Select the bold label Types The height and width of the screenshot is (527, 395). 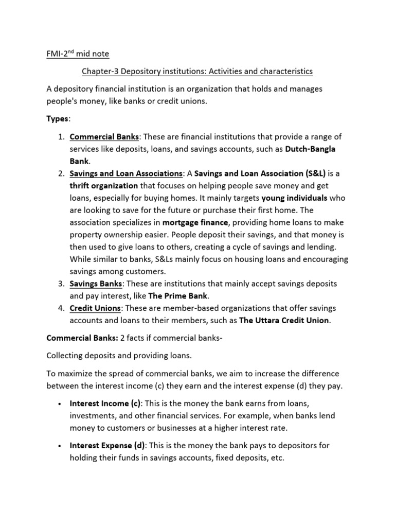[x=57, y=119]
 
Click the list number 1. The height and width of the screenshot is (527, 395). [x=61, y=136]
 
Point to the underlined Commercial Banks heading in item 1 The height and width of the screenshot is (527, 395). [x=104, y=136]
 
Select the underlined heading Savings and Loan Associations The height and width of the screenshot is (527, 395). [x=126, y=173]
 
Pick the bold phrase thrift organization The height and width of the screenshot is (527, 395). [x=104, y=186]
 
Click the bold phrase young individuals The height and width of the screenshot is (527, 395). [x=294, y=198]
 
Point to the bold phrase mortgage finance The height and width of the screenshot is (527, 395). [x=195, y=222]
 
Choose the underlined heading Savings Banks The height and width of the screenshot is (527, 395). [x=96, y=284]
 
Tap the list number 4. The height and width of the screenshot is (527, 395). [x=61, y=308]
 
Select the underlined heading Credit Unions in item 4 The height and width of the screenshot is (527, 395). [x=95, y=308]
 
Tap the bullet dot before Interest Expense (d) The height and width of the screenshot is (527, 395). [x=61, y=446]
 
